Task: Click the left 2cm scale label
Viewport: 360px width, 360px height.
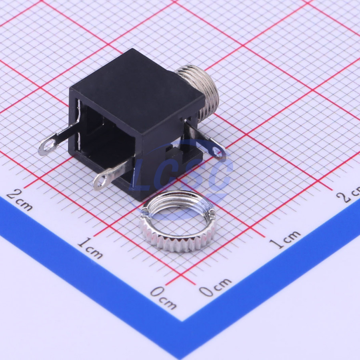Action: tap(20, 200)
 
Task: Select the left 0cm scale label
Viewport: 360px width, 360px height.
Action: tap(164, 298)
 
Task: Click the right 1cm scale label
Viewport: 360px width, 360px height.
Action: tap(285, 239)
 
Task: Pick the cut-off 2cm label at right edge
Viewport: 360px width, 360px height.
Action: tap(348, 194)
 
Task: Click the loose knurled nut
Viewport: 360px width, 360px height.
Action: tap(178, 221)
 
